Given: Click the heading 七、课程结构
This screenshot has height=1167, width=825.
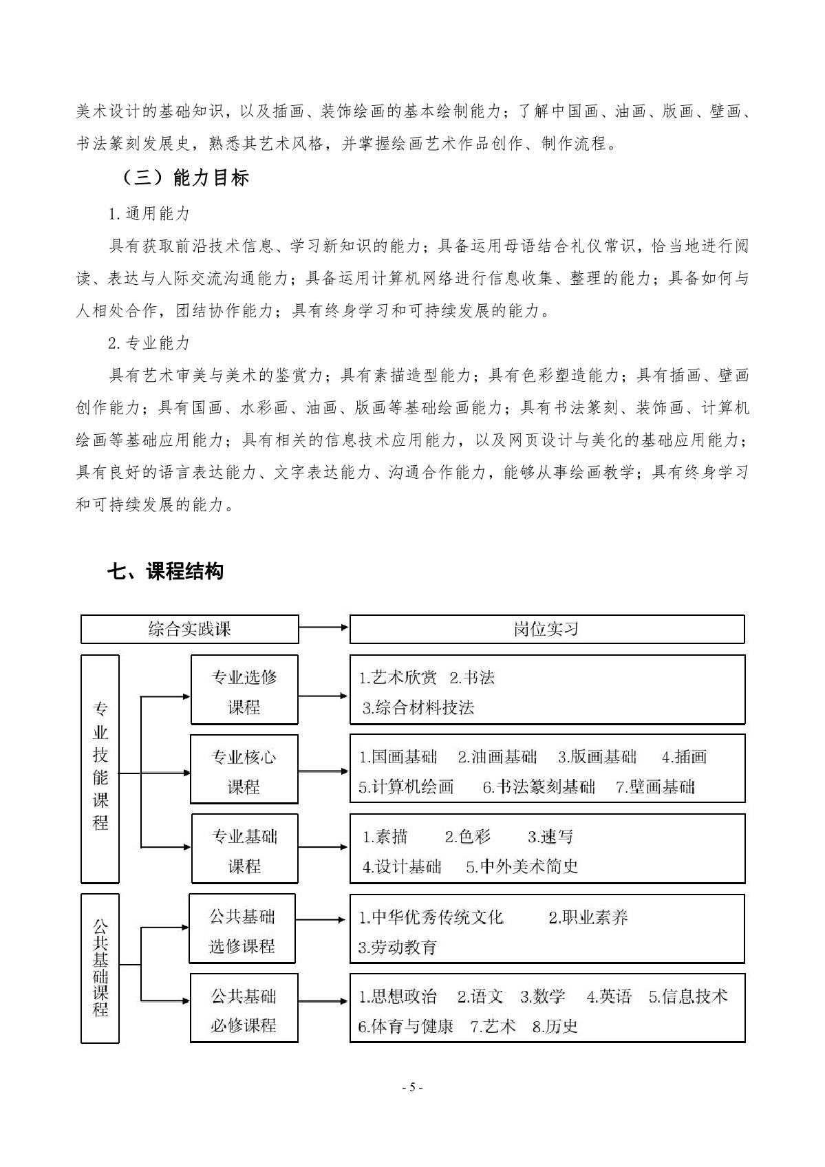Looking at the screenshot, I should (165, 571).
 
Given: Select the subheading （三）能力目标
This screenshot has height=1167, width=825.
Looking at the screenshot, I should (184, 178).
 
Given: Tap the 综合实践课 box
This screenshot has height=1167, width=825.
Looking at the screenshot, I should (190, 629).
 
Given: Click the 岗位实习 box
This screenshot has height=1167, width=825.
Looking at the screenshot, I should (547, 629).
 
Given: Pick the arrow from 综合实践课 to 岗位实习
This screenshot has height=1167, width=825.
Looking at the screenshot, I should (323, 627).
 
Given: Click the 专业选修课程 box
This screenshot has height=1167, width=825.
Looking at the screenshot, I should (244, 692).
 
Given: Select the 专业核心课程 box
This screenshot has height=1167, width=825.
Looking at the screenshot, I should (244, 771).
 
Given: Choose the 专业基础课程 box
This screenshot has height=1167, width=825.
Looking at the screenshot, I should (244, 851).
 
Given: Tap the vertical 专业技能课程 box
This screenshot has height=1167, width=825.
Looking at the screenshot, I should (100, 769).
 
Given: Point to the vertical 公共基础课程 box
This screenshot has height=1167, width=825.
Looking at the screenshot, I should (100, 968).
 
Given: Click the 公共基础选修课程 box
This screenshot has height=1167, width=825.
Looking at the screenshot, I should (242, 931).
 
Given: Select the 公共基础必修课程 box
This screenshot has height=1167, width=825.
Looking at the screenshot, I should (244, 1011).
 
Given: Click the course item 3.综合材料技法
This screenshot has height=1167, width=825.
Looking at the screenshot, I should (418, 707).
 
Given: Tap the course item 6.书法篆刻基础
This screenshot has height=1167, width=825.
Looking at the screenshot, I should (539, 787).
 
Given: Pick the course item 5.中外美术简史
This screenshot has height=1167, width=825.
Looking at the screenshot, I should (522, 867).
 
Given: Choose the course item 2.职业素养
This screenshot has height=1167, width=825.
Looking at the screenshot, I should (588, 917).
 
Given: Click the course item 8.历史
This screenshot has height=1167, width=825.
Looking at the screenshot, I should (555, 1027).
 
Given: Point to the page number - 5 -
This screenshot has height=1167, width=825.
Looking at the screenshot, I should (412, 1088).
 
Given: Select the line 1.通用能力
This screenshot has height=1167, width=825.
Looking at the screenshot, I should (149, 213).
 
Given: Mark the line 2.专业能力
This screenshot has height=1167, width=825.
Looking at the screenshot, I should (149, 343).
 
